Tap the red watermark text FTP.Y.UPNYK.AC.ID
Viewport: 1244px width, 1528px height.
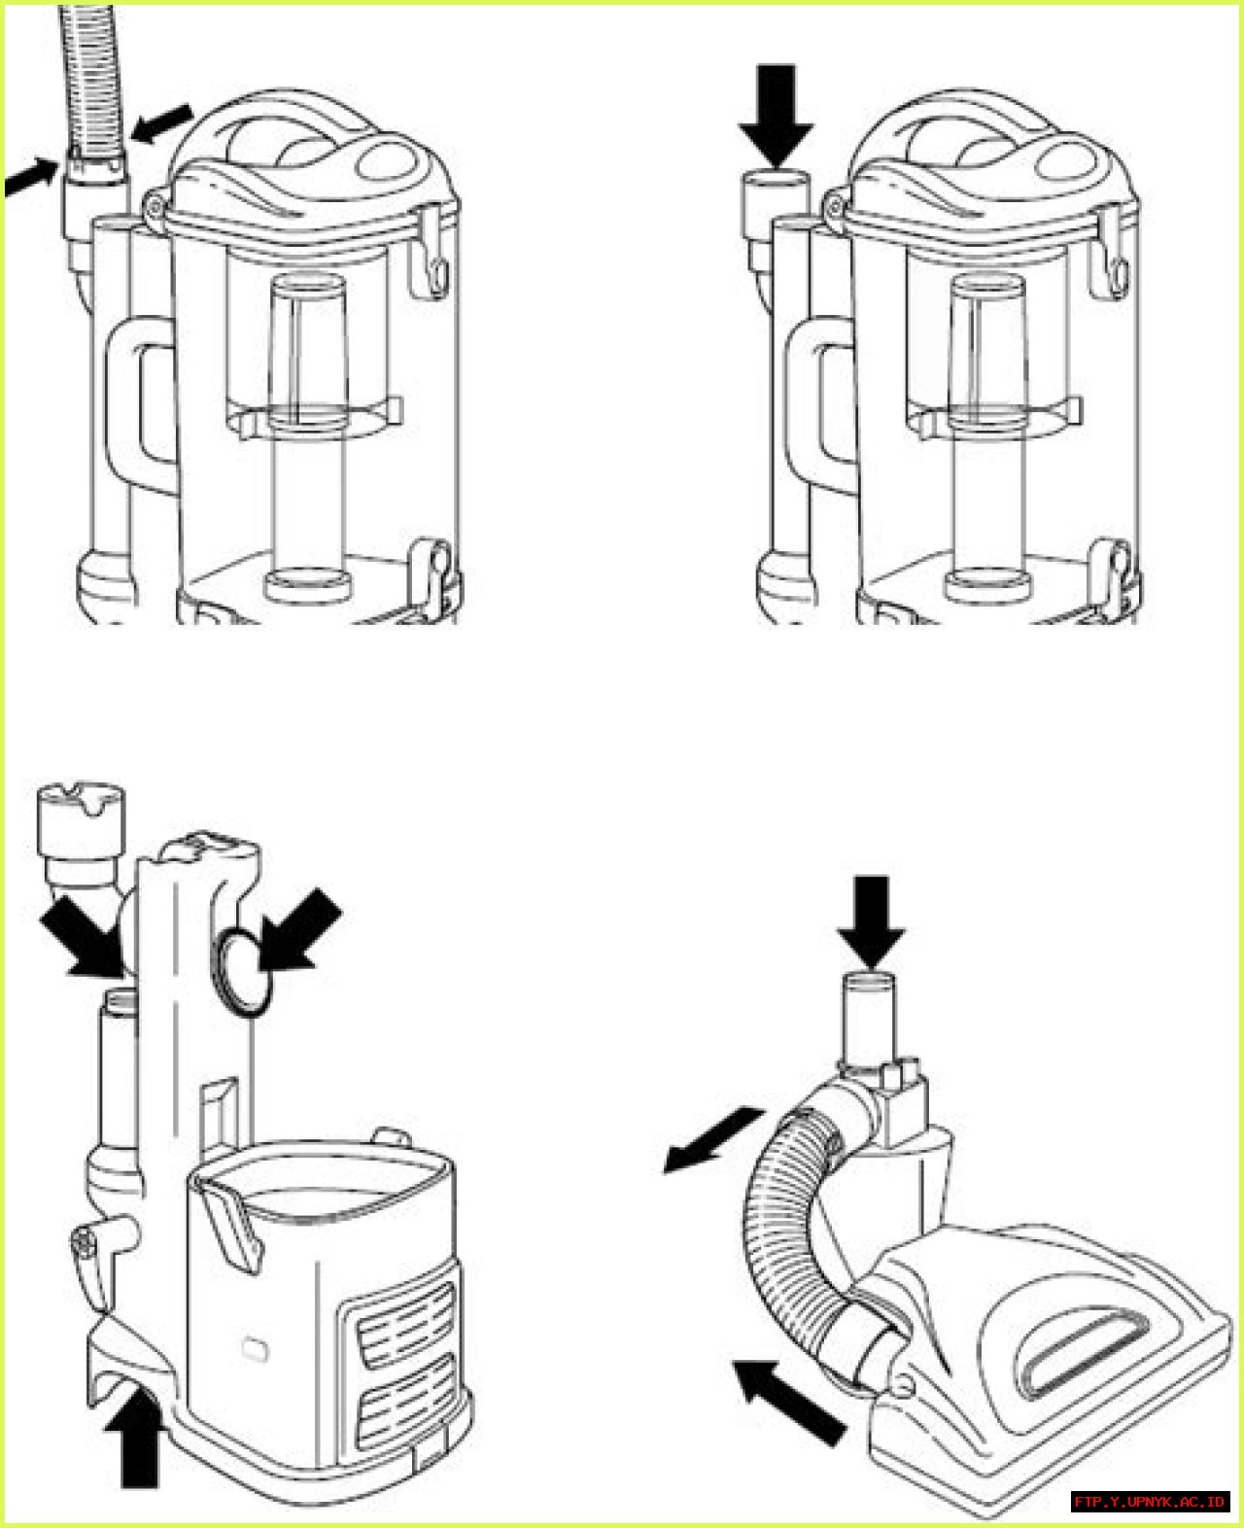pyautogui.click(x=1150, y=1502)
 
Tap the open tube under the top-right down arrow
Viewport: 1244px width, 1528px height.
pyautogui.click(x=776, y=199)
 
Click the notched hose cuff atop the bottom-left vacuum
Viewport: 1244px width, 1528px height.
pyautogui.click(x=80, y=816)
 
